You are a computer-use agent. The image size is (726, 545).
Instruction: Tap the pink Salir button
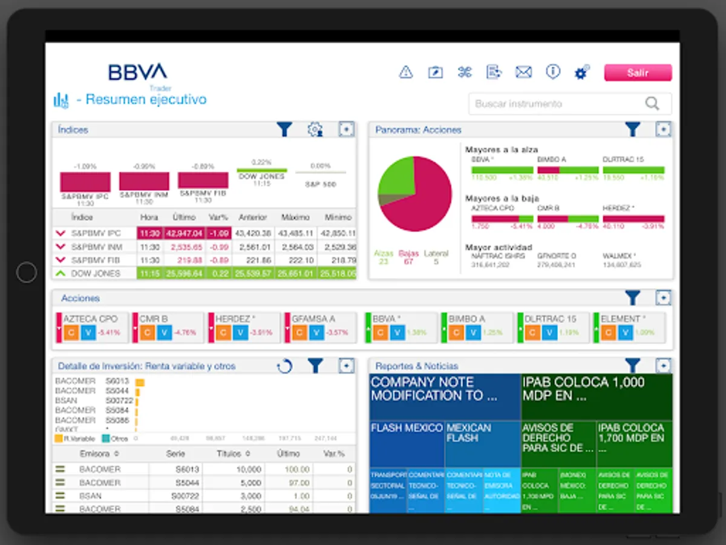(638, 73)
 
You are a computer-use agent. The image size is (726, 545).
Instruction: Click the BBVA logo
(137, 72)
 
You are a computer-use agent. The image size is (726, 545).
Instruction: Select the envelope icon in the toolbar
(523, 73)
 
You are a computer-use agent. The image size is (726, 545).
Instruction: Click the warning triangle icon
(406, 73)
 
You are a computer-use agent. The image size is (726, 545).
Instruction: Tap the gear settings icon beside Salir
(581, 73)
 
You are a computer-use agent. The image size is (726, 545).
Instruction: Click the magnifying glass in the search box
(652, 104)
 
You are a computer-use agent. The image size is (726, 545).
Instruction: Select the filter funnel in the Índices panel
(284, 129)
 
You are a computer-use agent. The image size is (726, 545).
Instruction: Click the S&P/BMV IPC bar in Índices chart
(85, 182)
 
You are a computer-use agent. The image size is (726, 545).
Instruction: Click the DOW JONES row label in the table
(96, 273)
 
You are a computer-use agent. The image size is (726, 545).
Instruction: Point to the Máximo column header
(295, 217)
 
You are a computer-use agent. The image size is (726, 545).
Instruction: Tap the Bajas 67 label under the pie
(409, 257)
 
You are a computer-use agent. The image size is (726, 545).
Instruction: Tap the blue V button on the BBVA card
(397, 332)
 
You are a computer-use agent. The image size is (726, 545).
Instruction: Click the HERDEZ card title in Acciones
(235, 319)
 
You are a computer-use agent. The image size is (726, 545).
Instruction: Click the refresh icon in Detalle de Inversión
(284, 366)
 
